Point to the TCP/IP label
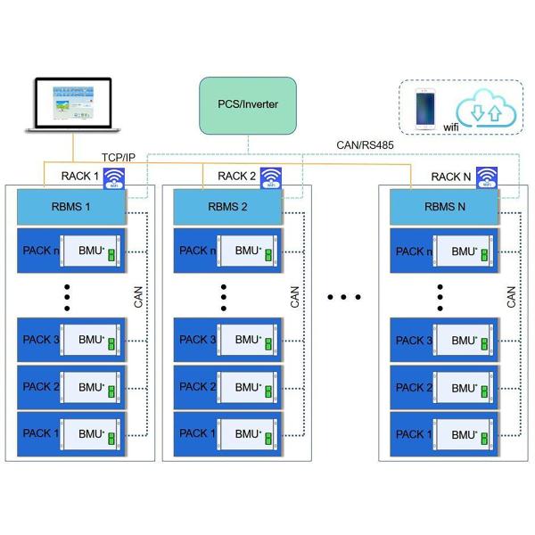click(118, 158)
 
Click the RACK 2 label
click(235, 175)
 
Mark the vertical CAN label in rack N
click(511, 296)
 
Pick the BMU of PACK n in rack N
click(463, 252)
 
